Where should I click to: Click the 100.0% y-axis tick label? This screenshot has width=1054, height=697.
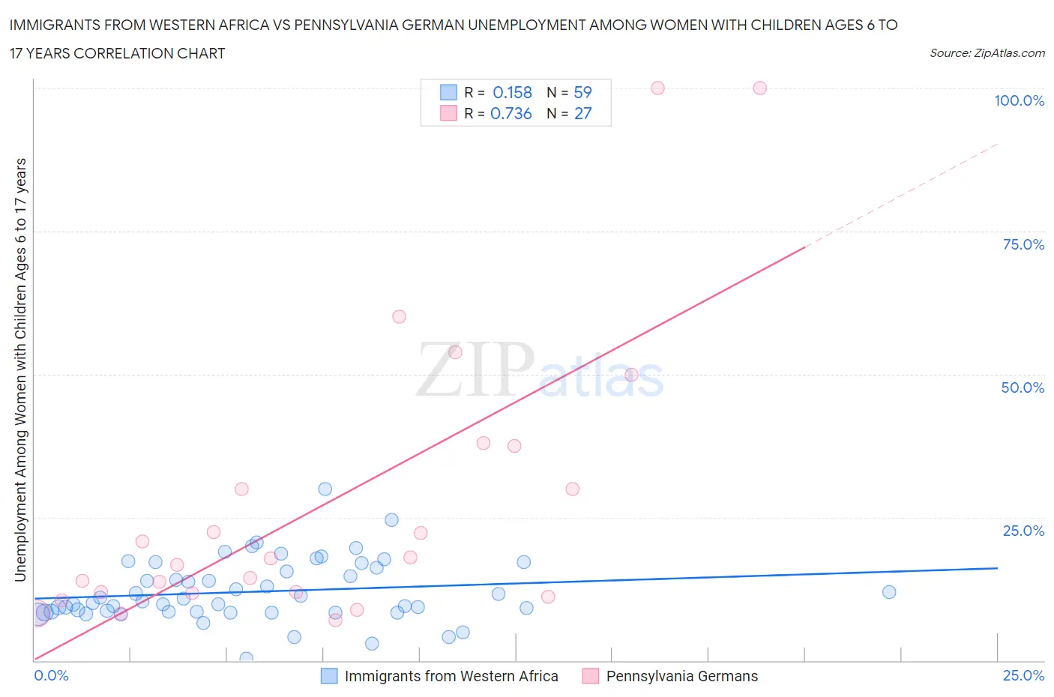[x=1019, y=100]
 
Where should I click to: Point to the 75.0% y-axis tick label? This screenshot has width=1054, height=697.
[x=1023, y=244]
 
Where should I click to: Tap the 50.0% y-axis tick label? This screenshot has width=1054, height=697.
[x=1023, y=387]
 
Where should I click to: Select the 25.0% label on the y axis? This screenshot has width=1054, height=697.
[x=1023, y=531]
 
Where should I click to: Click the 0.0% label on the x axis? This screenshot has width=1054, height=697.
[x=51, y=675]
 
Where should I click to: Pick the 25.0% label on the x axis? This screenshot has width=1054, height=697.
[x=1023, y=675]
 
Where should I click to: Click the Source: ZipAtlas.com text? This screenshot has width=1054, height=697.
[x=987, y=53]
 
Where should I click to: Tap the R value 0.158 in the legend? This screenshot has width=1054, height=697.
[x=512, y=92]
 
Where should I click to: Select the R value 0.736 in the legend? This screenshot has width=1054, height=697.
[x=511, y=113]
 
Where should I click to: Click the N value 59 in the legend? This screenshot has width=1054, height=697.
[x=582, y=92]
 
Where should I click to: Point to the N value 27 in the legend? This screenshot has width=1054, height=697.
[x=582, y=113]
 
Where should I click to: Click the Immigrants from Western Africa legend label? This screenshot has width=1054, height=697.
[x=451, y=676]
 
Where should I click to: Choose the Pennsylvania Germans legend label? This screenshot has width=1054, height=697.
[x=681, y=676]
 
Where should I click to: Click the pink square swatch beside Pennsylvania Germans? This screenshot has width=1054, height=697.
[x=591, y=676]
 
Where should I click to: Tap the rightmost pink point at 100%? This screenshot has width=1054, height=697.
[x=759, y=88]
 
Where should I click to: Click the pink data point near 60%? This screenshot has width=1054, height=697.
[x=399, y=317]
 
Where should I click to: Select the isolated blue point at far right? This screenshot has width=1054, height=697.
[x=889, y=592]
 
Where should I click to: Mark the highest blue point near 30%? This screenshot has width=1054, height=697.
[x=325, y=489]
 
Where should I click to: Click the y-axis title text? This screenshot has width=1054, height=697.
[x=20, y=369]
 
